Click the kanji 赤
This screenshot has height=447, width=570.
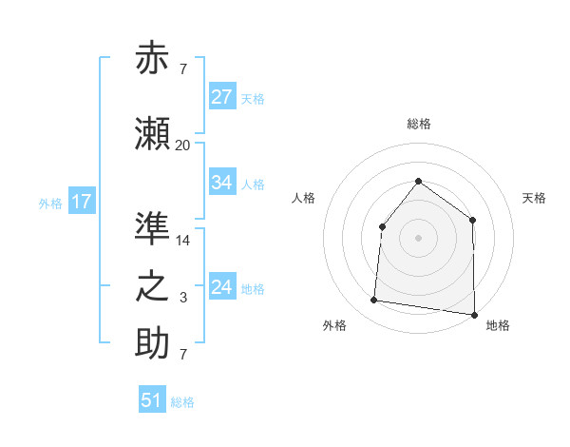(153, 59)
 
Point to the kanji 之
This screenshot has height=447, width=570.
(153, 286)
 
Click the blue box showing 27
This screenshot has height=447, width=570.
(222, 97)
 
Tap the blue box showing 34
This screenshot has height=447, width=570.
(222, 183)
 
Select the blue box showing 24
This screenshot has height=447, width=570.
(222, 287)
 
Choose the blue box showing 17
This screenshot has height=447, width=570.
(81, 202)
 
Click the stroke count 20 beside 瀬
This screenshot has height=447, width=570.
(182, 145)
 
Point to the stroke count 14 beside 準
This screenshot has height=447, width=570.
(183, 241)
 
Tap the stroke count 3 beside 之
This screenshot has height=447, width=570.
(183, 298)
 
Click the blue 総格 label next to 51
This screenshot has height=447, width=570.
(182, 402)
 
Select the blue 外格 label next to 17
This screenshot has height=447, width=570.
(50, 203)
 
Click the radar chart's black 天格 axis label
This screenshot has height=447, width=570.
(534, 198)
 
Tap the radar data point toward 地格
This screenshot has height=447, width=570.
(474, 314)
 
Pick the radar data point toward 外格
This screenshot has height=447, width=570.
(374, 301)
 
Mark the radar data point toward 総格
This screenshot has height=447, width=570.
(418, 181)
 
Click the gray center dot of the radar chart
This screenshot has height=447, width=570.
(418, 237)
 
